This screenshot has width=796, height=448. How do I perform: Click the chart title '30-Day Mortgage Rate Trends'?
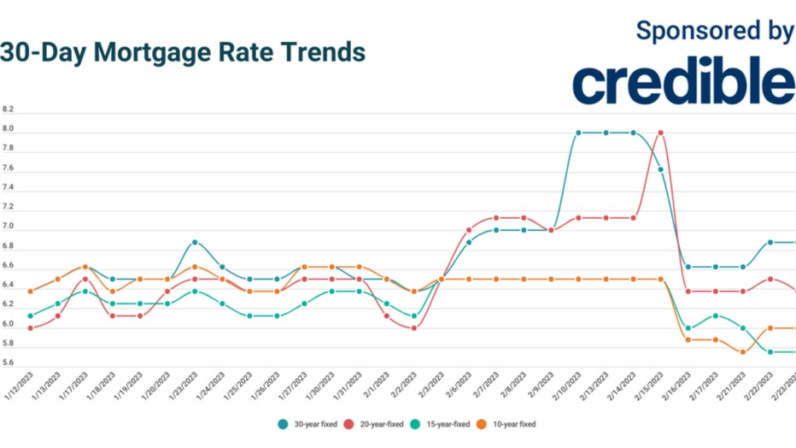pyautogui.click(x=183, y=52)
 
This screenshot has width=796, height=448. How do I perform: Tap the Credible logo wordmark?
pyautogui.click(x=683, y=81)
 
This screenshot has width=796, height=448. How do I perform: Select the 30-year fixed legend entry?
pyautogui.click(x=310, y=423)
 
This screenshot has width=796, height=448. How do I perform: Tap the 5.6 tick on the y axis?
pyautogui.click(x=9, y=363)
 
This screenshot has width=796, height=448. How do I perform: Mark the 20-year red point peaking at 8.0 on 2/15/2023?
pyautogui.click(x=660, y=133)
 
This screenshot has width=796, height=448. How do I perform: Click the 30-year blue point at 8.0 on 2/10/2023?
pyautogui.click(x=578, y=133)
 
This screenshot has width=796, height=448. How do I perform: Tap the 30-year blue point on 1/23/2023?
pyautogui.click(x=195, y=243)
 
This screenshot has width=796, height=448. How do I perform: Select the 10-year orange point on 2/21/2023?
pyautogui.click(x=743, y=352)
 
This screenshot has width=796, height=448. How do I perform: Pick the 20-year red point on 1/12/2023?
pyautogui.click(x=31, y=328)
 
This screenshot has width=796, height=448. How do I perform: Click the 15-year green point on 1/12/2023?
pyautogui.click(x=31, y=315)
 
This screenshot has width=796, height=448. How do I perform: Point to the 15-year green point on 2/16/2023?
pyautogui.click(x=688, y=328)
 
